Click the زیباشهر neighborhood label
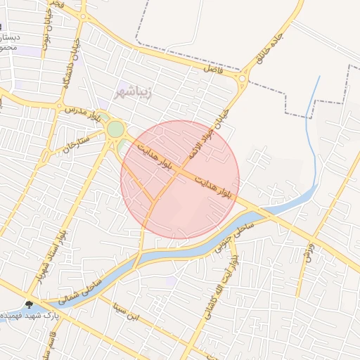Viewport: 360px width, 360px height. (x=133, y=92)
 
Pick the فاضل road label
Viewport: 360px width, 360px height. (x=212, y=69)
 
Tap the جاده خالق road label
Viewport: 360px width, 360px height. (x=270, y=50)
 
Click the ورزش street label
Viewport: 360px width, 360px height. (x=307, y=252)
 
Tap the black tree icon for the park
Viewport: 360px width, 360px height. (x=29, y=305)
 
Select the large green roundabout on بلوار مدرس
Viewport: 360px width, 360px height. (x=115, y=129)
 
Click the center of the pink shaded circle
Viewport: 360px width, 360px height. (x=180, y=179)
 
